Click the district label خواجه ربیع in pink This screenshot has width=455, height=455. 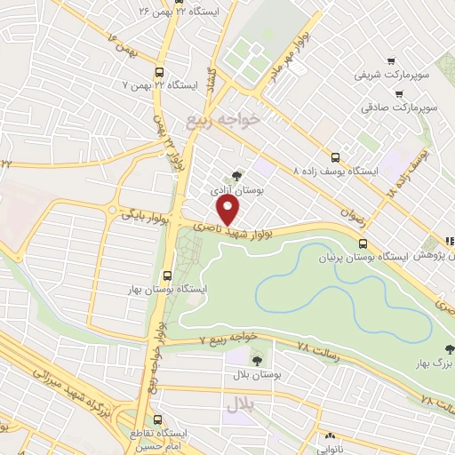pyautogui.click(x=221, y=119)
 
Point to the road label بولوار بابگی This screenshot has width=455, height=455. pyautogui.click(x=144, y=212)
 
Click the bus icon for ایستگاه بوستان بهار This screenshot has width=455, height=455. pyautogui.click(x=168, y=275)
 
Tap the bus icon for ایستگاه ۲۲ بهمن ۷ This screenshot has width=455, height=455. pyautogui.click(x=159, y=72)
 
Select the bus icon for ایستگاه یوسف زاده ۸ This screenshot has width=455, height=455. pyautogui.click(x=335, y=153)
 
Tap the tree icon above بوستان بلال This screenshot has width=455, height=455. pyautogui.click(x=257, y=361)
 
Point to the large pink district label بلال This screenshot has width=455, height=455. pyautogui.click(x=240, y=404)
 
